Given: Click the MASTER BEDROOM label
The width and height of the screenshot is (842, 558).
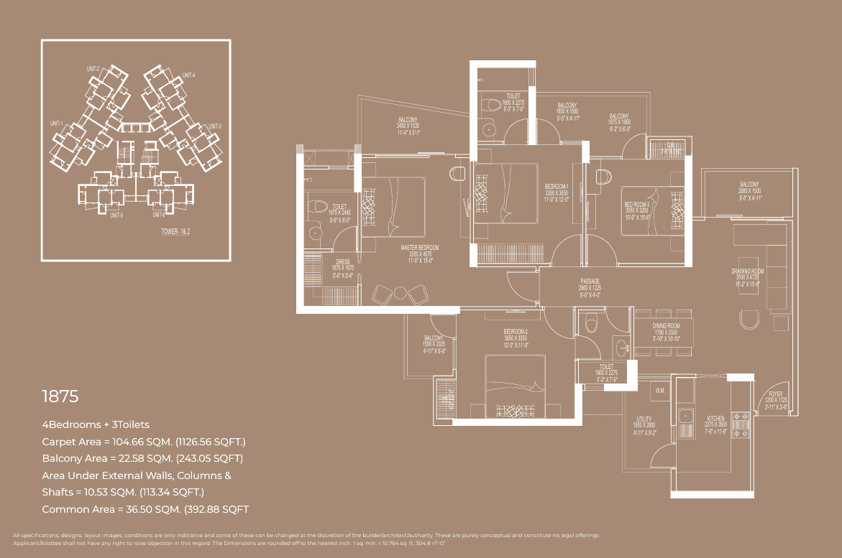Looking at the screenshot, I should pos(419,248).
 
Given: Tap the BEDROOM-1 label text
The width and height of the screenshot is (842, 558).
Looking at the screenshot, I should pos(557,187).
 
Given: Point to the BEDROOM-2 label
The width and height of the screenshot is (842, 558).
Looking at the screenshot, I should pos(516,333).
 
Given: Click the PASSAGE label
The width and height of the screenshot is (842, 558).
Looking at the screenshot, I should pos(590,282).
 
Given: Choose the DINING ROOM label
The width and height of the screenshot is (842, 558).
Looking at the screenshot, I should pos(665,326).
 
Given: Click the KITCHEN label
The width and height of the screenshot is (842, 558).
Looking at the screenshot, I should pos(715,418).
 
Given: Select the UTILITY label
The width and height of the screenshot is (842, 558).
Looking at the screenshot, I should pos(644,419).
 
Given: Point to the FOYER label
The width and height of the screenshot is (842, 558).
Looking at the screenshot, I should pos(775,394).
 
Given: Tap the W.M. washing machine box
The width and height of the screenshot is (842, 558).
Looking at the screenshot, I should pos(659,391).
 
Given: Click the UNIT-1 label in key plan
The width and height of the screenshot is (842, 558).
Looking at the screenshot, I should pos(57,124).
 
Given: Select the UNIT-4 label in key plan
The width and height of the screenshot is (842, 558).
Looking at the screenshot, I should pos(189,75).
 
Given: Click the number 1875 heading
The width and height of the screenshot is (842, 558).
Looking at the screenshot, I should pos(60,396).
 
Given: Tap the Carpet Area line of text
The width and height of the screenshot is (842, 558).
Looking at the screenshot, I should pos(144,441).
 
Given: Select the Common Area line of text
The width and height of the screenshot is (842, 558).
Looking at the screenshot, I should pos(145,509).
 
